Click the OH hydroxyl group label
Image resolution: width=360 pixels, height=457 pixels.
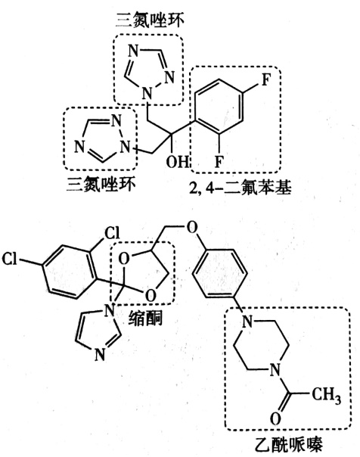[x=177, y=161]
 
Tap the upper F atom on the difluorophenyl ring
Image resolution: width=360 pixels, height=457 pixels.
[x=265, y=79]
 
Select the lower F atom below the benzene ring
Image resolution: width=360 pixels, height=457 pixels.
[x=219, y=161]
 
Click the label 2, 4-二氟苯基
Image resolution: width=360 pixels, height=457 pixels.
[x=240, y=188]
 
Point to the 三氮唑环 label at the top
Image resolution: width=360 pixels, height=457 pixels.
[x=150, y=20]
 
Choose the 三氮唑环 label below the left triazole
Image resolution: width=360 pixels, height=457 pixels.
[x=101, y=184]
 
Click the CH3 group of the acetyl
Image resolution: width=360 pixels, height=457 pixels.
[x=326, y=396]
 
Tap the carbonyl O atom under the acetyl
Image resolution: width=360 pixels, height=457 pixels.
[x=275, y=419]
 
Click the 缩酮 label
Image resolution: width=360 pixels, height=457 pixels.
[x=145, y=319]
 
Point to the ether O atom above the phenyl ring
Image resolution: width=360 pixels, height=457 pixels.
[x=191, y=228]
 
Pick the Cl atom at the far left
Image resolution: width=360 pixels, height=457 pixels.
[x=9, y=259]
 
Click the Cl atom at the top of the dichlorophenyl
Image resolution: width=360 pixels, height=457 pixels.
[x=112, y=234]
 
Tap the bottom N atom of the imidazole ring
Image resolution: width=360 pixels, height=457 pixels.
[x=100, y=355]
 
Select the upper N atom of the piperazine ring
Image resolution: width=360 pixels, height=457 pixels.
[x=247, y=322]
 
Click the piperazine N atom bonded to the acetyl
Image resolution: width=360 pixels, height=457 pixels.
[x=275, y=371]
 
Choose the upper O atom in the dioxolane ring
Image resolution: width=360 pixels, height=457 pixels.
[x=124, y=259]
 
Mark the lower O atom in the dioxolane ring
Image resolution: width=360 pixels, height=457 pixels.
[x=151, y=296]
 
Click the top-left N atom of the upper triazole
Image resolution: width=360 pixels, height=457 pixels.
[x=133, y=51]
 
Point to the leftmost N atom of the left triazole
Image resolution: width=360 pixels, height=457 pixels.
[x=79, y=147]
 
